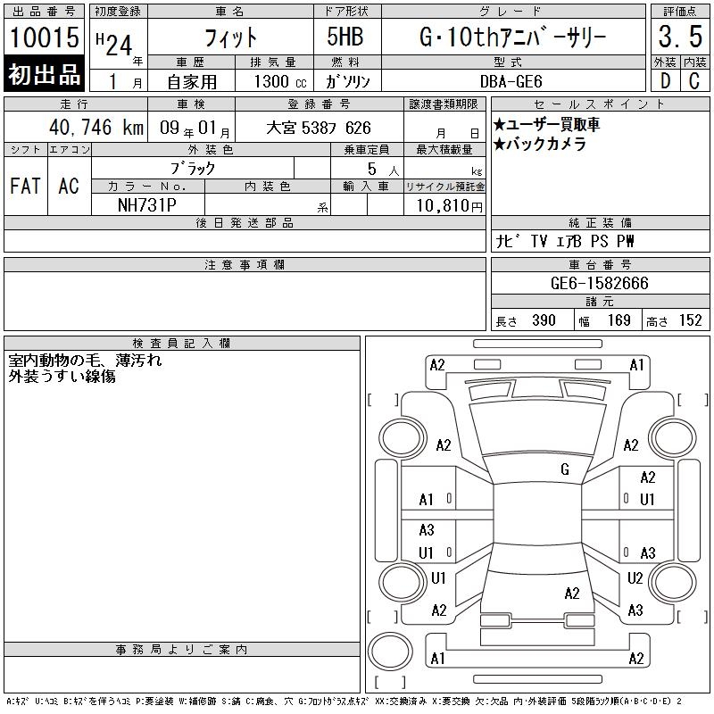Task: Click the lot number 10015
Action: (x=44, y=37)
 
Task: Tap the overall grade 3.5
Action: (x=680, y=37)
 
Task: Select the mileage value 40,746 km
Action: (x=96, y=127)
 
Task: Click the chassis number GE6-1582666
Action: (x=599, y=283)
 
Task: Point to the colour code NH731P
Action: (x=147, y=205)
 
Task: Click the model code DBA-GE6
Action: (x=511, y=81)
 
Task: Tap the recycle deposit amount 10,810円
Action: (x=450, y=205)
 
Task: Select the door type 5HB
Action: (x=345, y=37)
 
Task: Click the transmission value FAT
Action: (x=25, y=186)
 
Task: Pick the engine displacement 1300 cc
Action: (x=280, y=81)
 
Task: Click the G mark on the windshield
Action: (x=565, y=469)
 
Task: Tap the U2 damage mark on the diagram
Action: (x=635, y=577)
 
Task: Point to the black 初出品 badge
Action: (x=44, y=74)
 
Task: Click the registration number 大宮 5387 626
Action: (x=319, y=128)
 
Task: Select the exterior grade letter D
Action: (x=665, y=81)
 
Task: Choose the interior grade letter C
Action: (x=694, y=81)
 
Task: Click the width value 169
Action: (x=619, y=320)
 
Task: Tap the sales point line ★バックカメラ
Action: (x=540, y=144)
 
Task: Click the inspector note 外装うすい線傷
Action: (x=62, y=376)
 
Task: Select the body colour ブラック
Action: (x=193, y=168)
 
